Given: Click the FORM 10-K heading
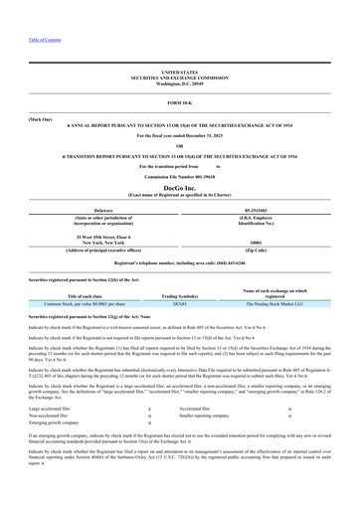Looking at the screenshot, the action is click(x=180, y=103).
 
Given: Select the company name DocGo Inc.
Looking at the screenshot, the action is click(x=180, y=186).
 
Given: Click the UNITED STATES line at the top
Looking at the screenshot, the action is click(x=180, y=73).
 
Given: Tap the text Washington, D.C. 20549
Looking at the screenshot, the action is click(x=180, y=83).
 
